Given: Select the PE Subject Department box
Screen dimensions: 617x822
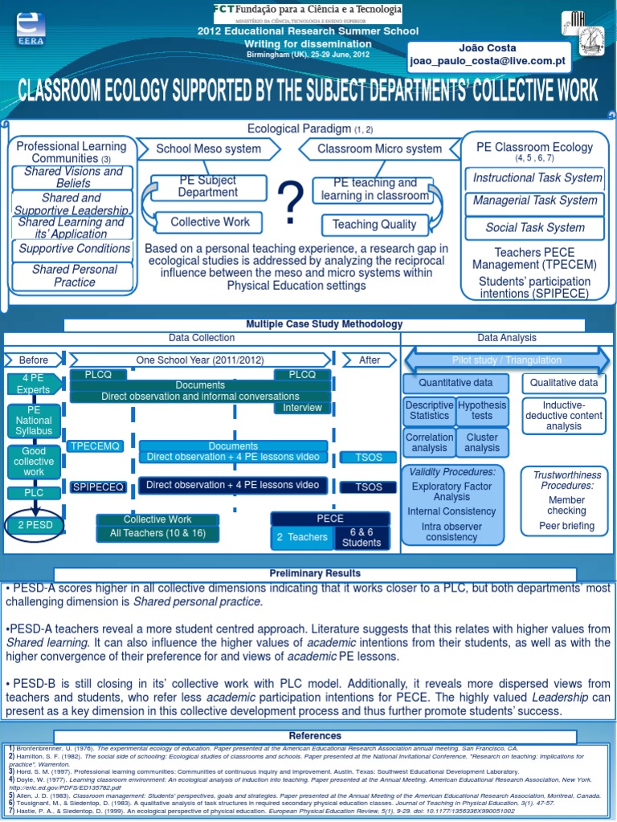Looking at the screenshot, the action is pos(208,187).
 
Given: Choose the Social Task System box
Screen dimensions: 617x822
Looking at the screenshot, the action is pos(535,227).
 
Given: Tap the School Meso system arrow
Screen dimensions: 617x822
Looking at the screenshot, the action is pos(208,149).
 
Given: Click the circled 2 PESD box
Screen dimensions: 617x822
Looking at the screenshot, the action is pos(34,525).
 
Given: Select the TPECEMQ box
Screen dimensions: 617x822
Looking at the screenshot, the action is pos(95,446).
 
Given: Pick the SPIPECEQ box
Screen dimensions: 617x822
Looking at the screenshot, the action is pos(98,486).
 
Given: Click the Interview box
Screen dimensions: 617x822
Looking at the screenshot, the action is pos(302,408).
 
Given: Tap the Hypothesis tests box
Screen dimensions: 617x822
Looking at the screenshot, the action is pos(482,410).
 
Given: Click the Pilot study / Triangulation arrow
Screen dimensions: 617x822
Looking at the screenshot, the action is pos(505,360).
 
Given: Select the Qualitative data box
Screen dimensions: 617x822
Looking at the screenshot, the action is pos(563,384).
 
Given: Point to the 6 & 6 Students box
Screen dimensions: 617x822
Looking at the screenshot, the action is pos(362,537).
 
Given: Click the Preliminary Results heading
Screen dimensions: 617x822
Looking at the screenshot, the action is pos(315,574).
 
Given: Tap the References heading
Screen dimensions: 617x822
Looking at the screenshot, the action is pos(315,736).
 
